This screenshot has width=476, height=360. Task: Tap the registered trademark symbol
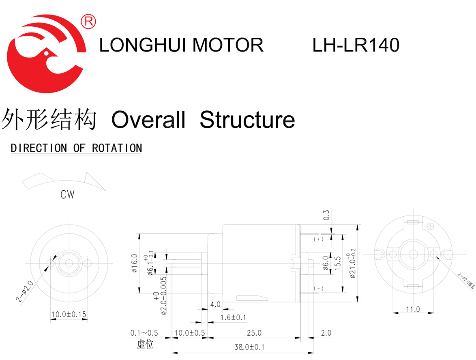point(88,22)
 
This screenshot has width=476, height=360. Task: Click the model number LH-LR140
point(356,45)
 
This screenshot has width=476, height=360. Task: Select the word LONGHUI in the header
point(144,45)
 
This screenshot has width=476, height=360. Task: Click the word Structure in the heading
point(247,120)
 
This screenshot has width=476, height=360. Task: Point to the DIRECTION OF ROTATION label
point(77,148)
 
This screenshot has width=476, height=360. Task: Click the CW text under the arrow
point(67,195)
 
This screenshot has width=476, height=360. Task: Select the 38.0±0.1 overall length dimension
point(249,347)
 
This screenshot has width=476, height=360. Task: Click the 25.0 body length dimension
point(254,333)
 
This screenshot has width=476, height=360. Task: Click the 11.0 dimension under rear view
point(413,309)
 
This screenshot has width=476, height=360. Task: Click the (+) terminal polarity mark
point(319,239)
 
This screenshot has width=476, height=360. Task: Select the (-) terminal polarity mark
point(319,289)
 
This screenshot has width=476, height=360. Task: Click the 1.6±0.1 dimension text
point(233,317)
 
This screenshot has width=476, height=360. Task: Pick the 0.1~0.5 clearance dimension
point(144,333)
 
